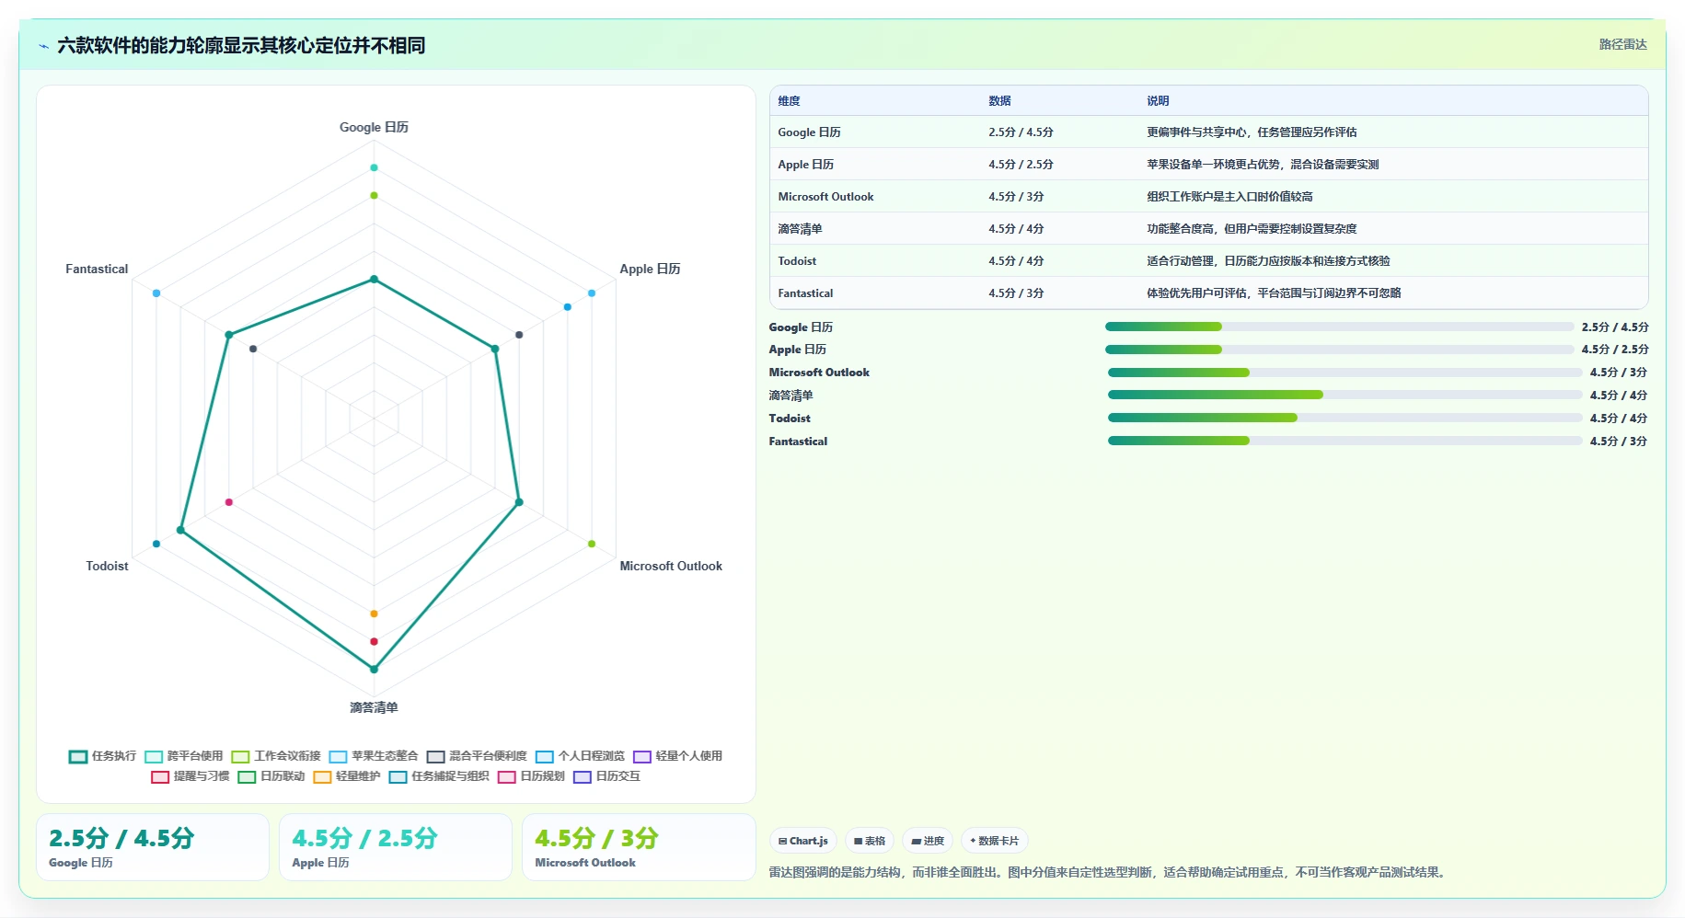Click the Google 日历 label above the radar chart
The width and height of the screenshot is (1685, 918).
(x=374, y=127)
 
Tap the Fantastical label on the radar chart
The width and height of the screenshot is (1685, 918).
(x=97, y=269)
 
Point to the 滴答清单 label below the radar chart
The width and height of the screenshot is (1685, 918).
(x=374, y=707)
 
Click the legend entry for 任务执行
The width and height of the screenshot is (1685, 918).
(x=102, y=756)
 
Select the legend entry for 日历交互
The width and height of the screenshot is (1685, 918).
(x=606, y=776)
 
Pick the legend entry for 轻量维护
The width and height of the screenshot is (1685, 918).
(x=347, y=776)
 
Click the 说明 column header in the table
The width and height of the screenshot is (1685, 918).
(x=1158, y=101)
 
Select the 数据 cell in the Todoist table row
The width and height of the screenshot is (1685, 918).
(x=1016, y=261)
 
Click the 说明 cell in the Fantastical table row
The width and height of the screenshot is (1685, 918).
(x=1274, y=293)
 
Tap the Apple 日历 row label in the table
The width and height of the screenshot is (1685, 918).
(x=805, y=165)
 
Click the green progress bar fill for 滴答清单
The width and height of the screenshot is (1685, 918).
(x=1215, y=395)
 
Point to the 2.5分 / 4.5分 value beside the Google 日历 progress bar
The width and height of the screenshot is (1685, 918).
(x=1615, y=327)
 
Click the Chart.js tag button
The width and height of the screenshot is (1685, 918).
(x=802, y=841)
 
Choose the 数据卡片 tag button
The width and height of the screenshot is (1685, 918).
(x=994, y=841)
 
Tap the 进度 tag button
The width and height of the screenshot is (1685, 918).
(x=928, y=841)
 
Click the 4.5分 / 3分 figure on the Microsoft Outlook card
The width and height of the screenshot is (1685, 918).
(x=596, y=838)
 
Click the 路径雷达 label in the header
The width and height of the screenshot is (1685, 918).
(x=1622, y=44)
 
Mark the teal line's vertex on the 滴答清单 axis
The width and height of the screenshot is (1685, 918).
(x=374, y=669)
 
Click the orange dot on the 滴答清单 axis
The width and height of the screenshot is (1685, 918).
(x=374, y=614)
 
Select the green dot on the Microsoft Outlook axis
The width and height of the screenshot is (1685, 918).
(x=592, y=544)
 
